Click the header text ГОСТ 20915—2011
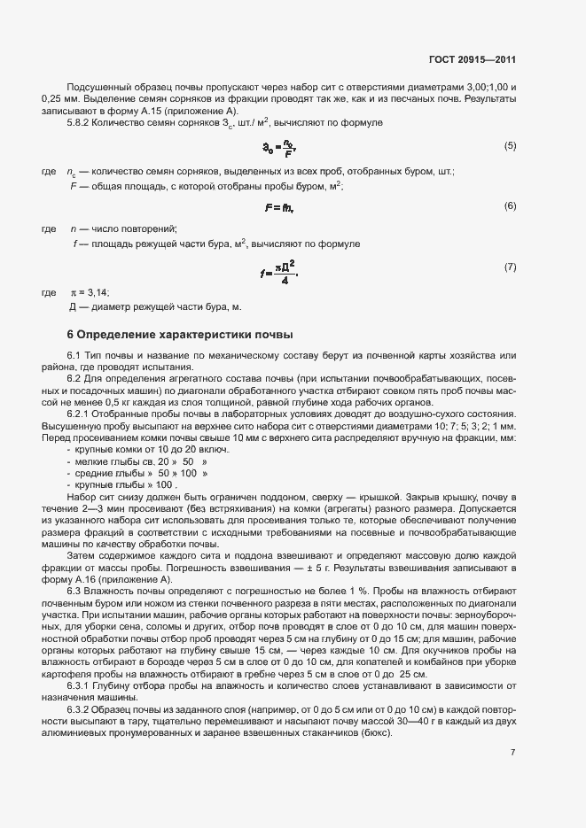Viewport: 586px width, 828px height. coord(472,60)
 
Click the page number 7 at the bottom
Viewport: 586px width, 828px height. coord(513,753)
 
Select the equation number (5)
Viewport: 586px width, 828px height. coord(510,145)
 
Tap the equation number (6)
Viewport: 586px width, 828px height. coord(510,205)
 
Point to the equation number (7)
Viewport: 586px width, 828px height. coord(510,267)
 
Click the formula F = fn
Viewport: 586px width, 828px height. coord(278,207)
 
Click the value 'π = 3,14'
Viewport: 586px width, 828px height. coord(91,292)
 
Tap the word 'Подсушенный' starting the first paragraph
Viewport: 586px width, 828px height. coord(99,88)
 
